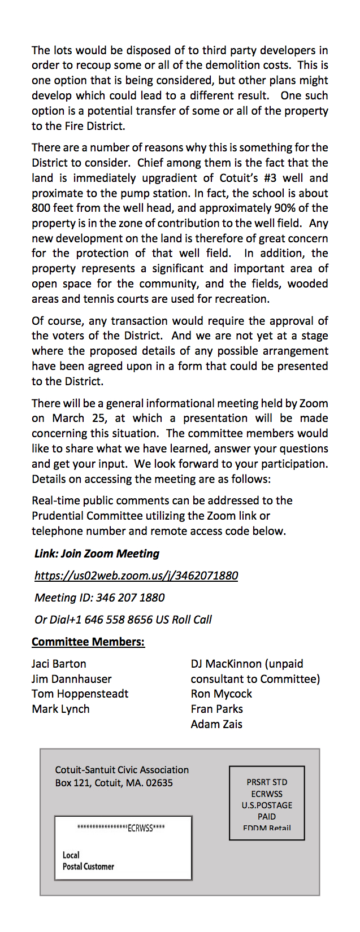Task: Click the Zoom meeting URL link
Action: pos(136,576)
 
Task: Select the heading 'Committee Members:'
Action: pos(88,642)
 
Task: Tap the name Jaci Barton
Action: pos(59,664)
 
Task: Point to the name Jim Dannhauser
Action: pos(71,679)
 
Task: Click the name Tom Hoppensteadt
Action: pos(80,694)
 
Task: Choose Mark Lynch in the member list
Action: pos(60,709)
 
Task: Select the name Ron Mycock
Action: pos(221,694)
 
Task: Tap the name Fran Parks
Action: pos(216,709)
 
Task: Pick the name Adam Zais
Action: pos(216,724)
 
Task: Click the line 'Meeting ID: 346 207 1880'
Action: pos(99,598)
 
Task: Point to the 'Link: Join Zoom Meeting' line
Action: pos(97,554)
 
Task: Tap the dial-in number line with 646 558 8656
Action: pos(123,620)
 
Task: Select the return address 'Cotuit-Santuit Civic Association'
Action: pos(122,770)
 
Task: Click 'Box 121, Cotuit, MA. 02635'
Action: pos(114,783)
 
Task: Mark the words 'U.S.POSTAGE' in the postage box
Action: pos(267,805)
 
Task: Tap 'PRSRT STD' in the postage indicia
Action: pos(267,782)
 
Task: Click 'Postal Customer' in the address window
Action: pos(88,866)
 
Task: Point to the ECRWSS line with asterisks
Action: pos(121,829)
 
